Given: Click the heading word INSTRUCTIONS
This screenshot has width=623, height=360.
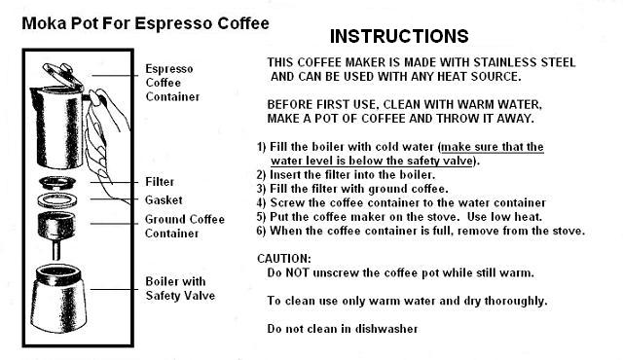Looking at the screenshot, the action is pyautogui.click(x=399, y=36).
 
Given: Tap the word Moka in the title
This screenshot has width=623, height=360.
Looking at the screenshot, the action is pyautogui.click(x=44, y=23).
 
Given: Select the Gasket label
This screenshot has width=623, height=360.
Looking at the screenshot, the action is pyautogui.click(x=164, y=200).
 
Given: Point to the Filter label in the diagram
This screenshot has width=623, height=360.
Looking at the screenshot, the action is pyautogui.click(x=160, y=182).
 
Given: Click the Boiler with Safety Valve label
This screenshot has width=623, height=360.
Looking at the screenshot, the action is pyautogui.click(x=180, y=289).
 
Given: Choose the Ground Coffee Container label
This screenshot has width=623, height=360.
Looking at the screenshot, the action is pyautogui.click(x=185, y=227).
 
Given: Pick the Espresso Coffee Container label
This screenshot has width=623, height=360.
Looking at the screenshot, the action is pyautogui.click(x=172, y=83).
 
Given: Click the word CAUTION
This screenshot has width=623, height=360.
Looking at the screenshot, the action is pyautogui.click(x=284, y=259).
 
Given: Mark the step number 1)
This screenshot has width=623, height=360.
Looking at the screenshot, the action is pyautogui.click(x=262, y=147).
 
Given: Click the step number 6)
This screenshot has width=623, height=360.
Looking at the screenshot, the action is pyautogui.click(x=262, y=231).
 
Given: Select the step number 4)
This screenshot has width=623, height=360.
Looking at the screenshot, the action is pyautogui.click(x=262, y=202).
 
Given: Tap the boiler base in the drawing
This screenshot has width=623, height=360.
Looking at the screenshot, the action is pyautogui.click(x=58, y=299).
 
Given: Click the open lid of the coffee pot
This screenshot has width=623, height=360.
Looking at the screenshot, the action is pyautogui.click(x=62, y=75).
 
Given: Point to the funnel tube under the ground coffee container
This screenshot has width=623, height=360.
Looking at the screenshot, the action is pyautogui.click(x=56, y=250).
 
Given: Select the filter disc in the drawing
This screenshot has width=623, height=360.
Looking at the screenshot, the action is pyautogui.click(x=57, y=183).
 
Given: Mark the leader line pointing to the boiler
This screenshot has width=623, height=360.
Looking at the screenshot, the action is pyautogui.click(x=114, y=289).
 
